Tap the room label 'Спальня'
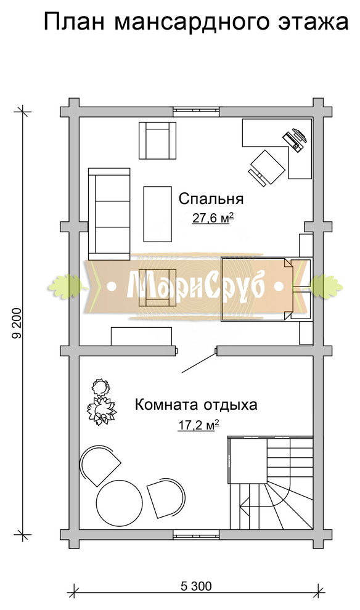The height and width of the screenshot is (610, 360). point(211,199)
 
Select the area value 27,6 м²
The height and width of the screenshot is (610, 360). point(211,218)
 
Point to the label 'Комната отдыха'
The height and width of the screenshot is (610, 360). point(196,405)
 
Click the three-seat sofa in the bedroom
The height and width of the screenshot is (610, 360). point(110,213)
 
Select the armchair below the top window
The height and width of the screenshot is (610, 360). point(157,140)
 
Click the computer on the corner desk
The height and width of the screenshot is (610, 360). point(295,139)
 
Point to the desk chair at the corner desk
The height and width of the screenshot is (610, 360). point(268,166)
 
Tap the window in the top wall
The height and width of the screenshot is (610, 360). point(196,112)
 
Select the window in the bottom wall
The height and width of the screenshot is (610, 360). point(196,534)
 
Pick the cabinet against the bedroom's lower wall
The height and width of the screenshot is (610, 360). point(141,336)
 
